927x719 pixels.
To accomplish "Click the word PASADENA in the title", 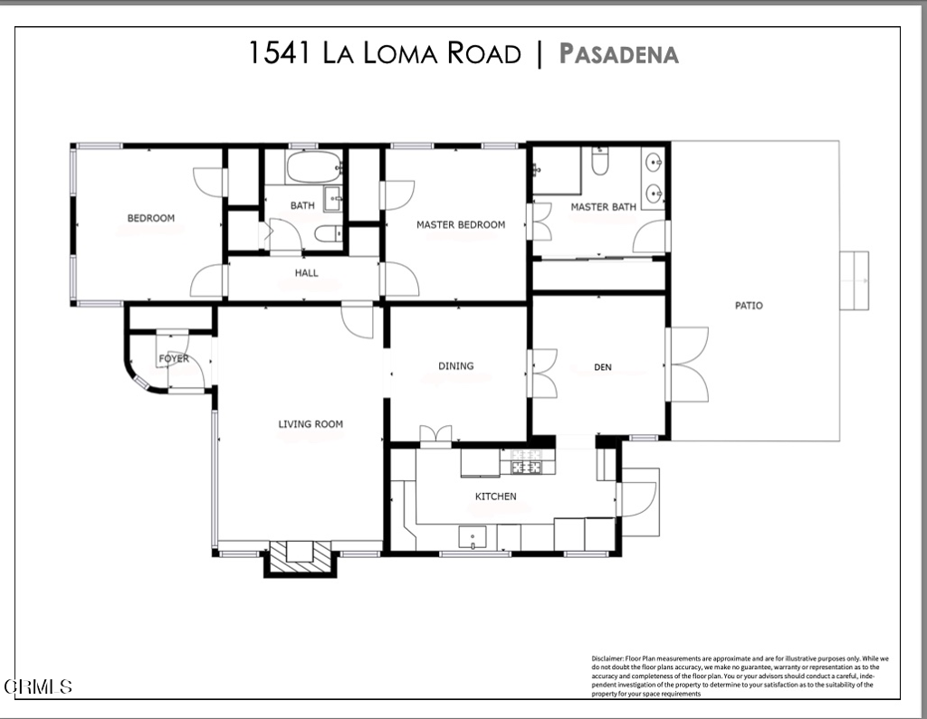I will point(618,53).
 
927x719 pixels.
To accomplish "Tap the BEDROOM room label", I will point(150,218).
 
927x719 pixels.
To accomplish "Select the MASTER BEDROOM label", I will point(460,224).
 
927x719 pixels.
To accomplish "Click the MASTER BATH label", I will point(602,207).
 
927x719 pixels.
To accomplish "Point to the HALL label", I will point(306,272).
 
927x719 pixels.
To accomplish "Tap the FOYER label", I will point(174,359).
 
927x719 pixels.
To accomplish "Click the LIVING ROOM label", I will point(310,423).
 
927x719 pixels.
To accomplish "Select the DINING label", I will point(455,366).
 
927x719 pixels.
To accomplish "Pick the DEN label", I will point(603,367).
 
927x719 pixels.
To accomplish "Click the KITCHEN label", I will point(495,497).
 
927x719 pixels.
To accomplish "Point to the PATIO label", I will point(748,306).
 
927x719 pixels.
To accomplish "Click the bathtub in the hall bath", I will point(313,167).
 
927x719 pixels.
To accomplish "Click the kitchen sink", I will point(473,538).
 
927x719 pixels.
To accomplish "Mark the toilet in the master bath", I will point(599,162).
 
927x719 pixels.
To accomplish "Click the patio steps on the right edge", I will point(854,280).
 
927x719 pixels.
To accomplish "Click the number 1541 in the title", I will point(281,53).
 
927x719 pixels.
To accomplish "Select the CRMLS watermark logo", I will point(38,687).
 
